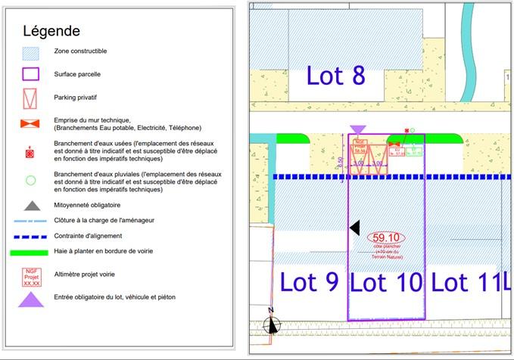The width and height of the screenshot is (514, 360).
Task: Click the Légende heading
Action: click(x=51, y=31)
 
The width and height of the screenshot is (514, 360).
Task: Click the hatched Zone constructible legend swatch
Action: click(x=31, y=53)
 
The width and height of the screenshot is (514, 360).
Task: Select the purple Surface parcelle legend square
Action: click(x=31, y=75)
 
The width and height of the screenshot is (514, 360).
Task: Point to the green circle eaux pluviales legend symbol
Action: click(x=31, y=181)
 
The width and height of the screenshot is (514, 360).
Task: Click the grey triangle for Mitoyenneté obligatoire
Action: click(x=31, y=204)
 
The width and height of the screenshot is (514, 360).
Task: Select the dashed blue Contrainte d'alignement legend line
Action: click(x=31, y=235)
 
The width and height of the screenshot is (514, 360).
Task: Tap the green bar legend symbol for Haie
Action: click(x=31, y=250)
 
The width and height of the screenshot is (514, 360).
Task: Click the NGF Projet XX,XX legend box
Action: click(x=31, y=274)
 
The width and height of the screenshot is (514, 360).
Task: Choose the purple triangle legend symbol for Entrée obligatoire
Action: click(x=31, y=299)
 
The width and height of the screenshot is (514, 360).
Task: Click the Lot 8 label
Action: click(x=336, y=76)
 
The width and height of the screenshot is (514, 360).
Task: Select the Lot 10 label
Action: click(x=386, y=282)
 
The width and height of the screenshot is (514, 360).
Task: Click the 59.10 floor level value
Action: click(x=386, y=237)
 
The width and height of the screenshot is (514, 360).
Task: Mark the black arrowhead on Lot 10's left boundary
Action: click(x=354, y=228)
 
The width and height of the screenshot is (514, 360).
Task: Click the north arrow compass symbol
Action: click(x=271, y=323)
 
